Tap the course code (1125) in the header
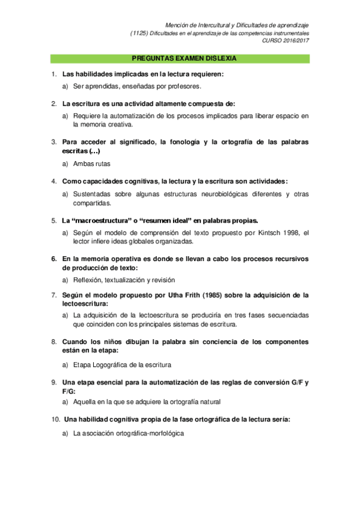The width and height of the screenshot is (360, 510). [x=139, y=33]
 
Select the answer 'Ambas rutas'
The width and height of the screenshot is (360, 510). [x=91, y=164]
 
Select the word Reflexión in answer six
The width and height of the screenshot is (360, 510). [x=87, y=280]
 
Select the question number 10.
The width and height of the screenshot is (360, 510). [x=55, y=419]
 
